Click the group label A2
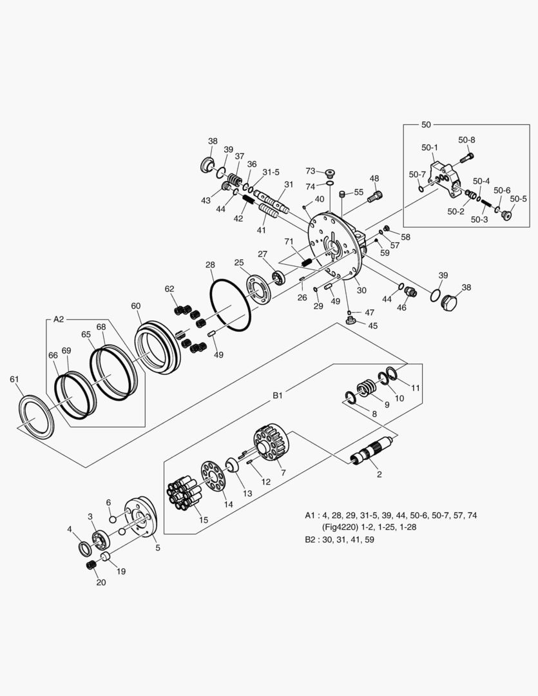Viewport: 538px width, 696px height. pyautogui.click(x=59, y=318)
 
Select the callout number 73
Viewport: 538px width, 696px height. pyautogui.click(x=311, y=171)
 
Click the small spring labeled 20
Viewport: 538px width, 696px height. pyautogui.click(x=91, y=565)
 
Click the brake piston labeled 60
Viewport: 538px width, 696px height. pyautogui.click(x=158, y=347)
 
